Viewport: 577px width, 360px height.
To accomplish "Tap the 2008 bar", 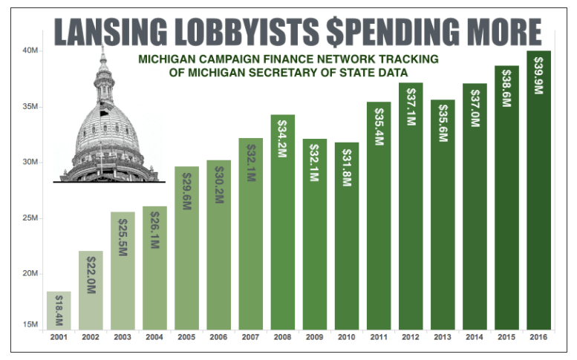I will coord(283,222).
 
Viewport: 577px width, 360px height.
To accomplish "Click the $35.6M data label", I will coord(443,123).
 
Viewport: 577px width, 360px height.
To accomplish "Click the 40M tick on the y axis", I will coord(30,50).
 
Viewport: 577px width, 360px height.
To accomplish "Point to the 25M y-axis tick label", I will coord(30,218).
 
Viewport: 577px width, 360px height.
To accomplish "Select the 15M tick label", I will coord(30,324).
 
